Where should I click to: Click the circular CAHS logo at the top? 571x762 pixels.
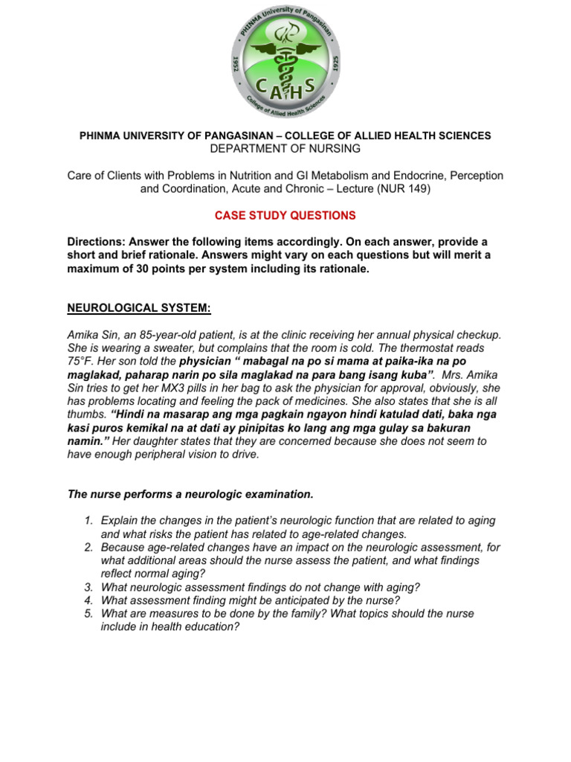[x=285, y=60]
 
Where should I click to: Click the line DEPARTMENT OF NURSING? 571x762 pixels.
[x=285, y=149]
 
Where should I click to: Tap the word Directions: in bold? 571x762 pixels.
[x=97, y=243]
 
